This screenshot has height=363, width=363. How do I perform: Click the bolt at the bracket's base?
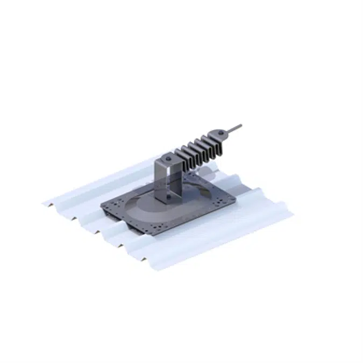pos(168,199)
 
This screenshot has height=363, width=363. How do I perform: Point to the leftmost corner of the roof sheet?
pos(44,202)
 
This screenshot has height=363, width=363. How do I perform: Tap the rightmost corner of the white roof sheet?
pos(293,216)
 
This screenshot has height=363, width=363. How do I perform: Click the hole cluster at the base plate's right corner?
pos(228,200)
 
